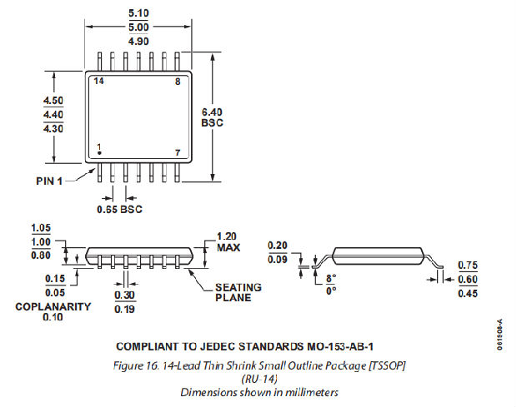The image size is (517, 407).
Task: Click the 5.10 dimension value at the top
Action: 139,12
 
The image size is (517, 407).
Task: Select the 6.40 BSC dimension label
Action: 213,117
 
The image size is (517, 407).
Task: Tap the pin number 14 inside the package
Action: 98,82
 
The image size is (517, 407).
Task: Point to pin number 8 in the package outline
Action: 177,82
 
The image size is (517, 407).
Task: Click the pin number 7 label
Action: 177,152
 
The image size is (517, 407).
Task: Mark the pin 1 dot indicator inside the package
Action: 99,153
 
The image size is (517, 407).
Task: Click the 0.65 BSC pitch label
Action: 120,209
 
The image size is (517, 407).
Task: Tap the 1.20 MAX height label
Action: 228,241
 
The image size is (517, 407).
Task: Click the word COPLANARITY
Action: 53,306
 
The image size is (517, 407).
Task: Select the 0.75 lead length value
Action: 468,266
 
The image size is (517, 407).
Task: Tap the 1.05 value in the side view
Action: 40,228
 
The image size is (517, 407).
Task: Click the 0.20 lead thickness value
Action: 278,246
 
